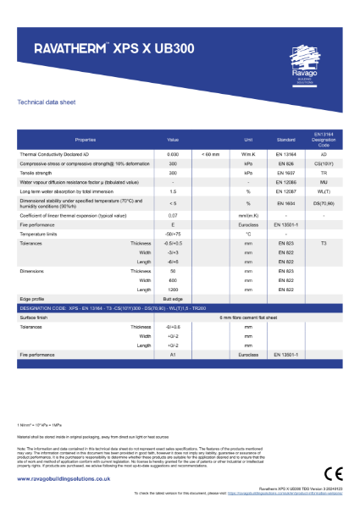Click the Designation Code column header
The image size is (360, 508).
click(x=323, y=139)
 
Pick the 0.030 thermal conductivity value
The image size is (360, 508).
click(x=173, y=155)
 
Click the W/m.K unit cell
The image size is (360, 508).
click(x=248, y=155)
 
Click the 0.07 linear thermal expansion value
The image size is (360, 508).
click(x=173, y=216)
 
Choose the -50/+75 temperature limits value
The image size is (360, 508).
click(x=173, y=234)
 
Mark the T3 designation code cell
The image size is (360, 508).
click(x=323, y=243)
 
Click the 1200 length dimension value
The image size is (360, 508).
click(x=173, y=290)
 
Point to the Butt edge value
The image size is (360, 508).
click(x=173, y=299)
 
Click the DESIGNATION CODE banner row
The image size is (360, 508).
click(x=180, y=307)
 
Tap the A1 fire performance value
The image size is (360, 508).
click(x=173, y=363)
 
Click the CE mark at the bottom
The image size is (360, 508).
click(x=331, y=471)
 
